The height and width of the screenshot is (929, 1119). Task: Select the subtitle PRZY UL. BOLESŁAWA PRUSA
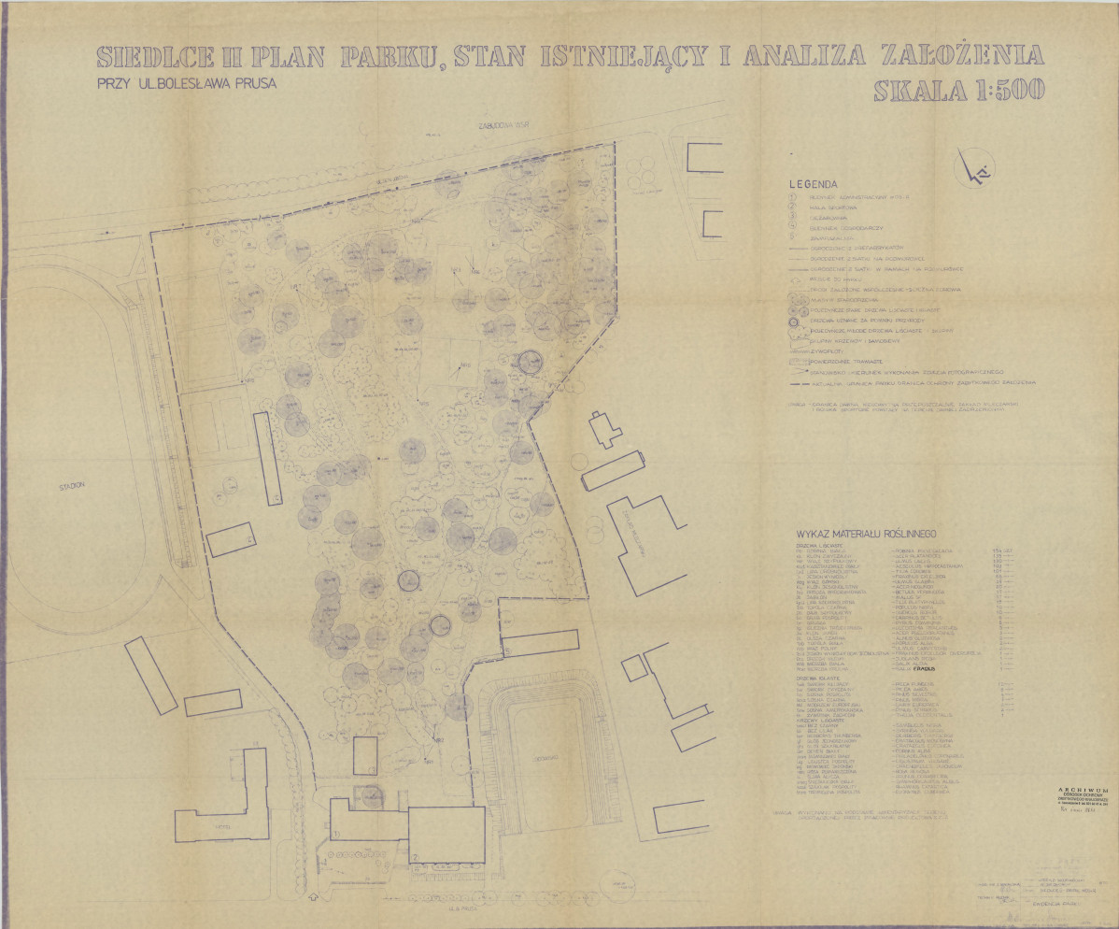click(186, 82)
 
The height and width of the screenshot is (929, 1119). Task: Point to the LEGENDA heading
click(813, 185)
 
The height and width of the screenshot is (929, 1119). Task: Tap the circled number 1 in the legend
click(791, 197)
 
